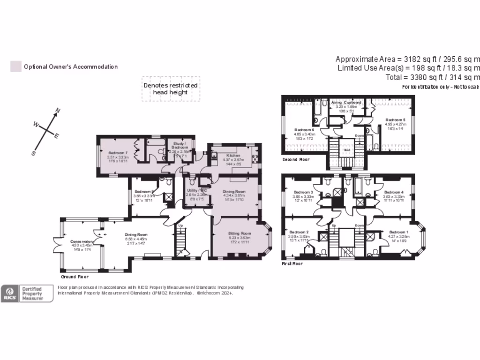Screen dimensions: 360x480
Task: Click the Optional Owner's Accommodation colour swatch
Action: point(16,67)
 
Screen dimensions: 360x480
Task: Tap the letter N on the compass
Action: point(58,111)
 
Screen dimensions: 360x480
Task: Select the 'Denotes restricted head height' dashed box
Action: point(171,89)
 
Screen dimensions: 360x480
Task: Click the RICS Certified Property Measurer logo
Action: point(27,293)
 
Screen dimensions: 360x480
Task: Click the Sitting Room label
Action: point(240,233)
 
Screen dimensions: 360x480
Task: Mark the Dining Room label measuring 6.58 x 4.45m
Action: point(136,234)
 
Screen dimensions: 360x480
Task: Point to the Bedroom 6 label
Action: point(304,129)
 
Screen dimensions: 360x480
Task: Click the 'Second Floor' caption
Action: point(296,160)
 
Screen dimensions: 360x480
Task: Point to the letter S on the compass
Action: point(33,153)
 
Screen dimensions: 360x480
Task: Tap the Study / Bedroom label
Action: point(180,144)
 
